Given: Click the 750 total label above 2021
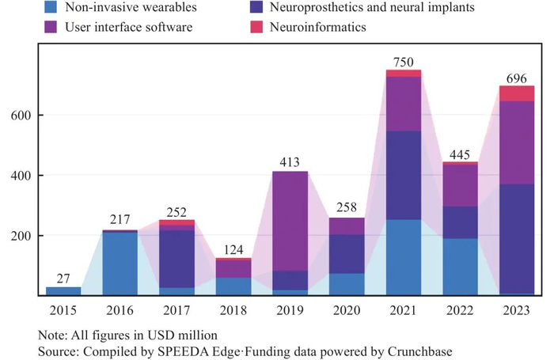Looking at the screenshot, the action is [403, 63].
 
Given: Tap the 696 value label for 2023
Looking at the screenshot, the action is [516, 78].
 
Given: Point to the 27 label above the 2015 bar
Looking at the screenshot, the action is [63, 279].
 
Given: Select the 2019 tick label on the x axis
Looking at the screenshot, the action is [290, 310].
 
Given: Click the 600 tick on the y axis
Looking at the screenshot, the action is [21, 116].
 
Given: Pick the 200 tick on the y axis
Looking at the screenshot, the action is [21, 236].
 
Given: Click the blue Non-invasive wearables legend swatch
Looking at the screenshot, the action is [51, 7].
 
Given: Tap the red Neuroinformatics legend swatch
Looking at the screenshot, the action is [256, 27].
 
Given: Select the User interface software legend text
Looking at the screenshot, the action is [128, 27].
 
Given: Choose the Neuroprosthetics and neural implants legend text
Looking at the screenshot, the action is [372, 7].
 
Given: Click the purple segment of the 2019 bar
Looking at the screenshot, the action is [290, 222].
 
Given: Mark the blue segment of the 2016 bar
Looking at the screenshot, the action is [120, 263].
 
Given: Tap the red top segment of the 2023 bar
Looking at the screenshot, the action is [517, 93].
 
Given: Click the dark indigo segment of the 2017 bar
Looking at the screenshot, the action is [176, 260].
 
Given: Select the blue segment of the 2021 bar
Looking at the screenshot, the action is [404, 257].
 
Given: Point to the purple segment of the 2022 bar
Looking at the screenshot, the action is [460, 185].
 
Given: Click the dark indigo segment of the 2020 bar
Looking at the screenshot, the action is [347, 254].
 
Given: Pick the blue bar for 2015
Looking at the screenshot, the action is [63, 291].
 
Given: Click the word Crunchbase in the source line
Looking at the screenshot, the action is [419, 351].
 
